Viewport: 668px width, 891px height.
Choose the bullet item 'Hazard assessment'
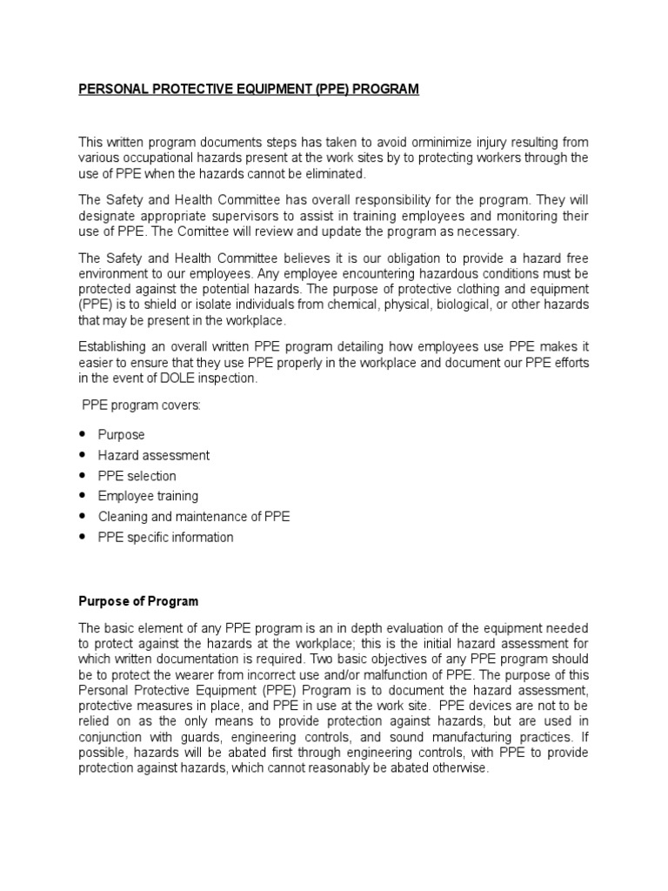[153, 455]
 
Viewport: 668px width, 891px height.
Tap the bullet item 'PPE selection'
[137, 476]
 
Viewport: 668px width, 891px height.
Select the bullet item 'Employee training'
[148, 496]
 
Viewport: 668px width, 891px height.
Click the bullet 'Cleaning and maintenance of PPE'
[194, 517]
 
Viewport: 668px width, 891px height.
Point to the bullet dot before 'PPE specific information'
[83, 537]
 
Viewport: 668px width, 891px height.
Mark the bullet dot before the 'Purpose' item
[83, 434]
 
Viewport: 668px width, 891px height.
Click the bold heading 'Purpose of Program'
[138, 601]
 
